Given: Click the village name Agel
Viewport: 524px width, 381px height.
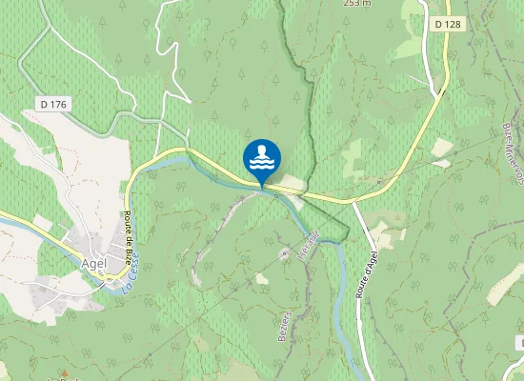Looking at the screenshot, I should [94, 263].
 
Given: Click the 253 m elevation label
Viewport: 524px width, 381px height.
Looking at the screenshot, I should [356, 3].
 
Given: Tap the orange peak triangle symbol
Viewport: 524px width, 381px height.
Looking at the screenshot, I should [66, 373].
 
